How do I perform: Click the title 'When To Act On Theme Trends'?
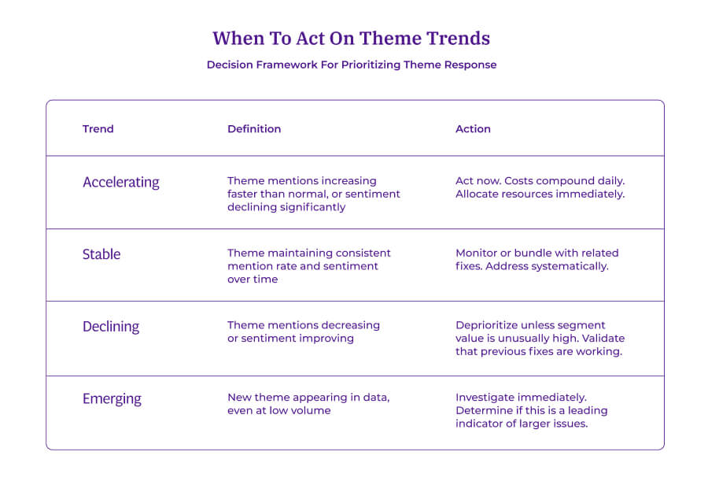click(x=351, y=38)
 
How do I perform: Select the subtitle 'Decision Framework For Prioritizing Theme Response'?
click(x=352, y=65)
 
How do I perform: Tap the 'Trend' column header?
click(x=98, y=128)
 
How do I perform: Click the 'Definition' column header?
click(x=254, y=128)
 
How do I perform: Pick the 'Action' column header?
click(x=473, y=128)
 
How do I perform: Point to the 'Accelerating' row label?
click(x=120, y=182)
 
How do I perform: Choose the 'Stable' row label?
click(x=101, y=254)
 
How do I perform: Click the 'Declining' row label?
click(x=110, y=326)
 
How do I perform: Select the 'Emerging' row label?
click(x=112, y=398)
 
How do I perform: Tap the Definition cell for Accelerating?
click(x=313, y=194)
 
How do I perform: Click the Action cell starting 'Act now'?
click(x=540, y=187)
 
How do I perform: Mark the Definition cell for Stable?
click(x=308, y=266)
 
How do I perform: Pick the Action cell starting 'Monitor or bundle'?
click(x=537, y=260)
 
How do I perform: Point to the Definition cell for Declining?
click(x=303, y=331)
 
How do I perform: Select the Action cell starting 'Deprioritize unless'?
click(x=540, y=338)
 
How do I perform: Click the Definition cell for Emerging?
click(x=308, y=404)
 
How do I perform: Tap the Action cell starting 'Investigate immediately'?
click(x=531, y=410)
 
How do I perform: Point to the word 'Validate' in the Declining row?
click(x=603, y=339)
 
